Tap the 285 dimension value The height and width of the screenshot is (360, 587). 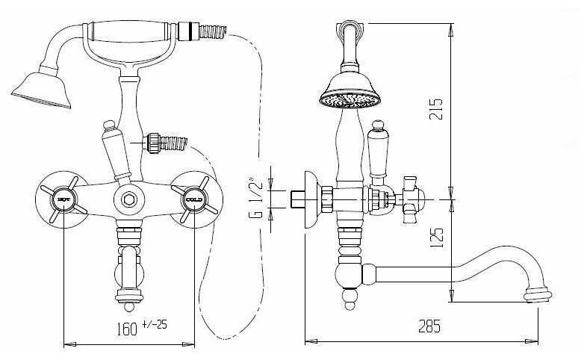coord(427,326)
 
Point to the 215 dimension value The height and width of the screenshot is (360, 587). coord(440,111)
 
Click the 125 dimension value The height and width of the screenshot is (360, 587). coord(440,237)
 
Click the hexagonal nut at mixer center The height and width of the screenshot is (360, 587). coord(128,199)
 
